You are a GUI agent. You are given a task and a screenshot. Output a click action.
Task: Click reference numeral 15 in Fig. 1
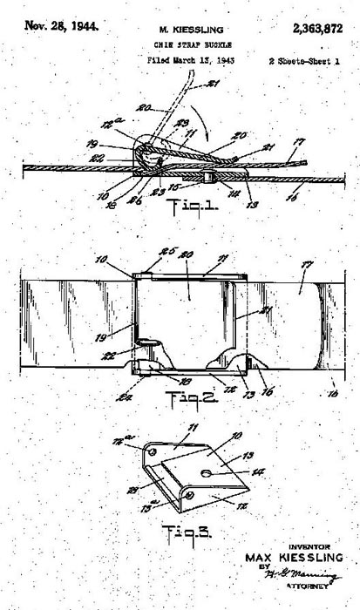180,187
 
